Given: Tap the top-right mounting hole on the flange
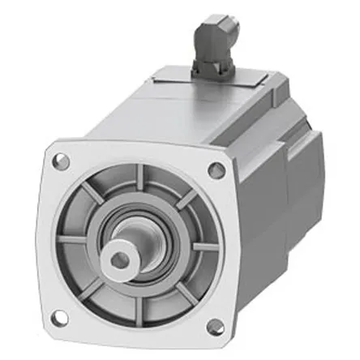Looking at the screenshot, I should point(216,170).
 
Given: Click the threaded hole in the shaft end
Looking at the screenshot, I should point(122,259).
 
